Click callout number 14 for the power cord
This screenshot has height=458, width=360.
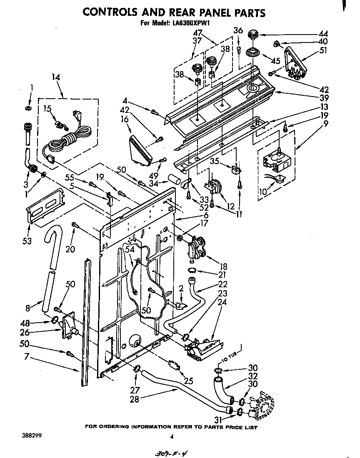[56, 77]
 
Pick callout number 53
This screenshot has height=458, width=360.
[27, 241]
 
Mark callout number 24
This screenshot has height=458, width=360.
[222, 302]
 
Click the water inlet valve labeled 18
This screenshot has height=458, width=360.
[196, 249]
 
